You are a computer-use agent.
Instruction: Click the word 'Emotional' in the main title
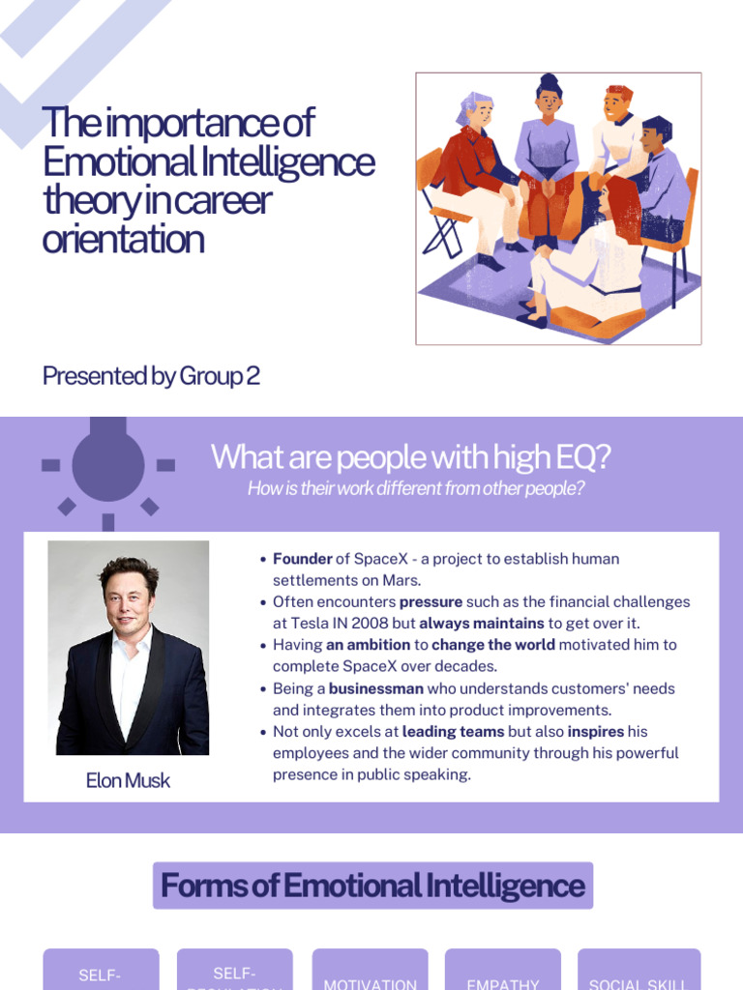[x=101, y=161]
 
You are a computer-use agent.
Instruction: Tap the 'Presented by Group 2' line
[x=151, y=376]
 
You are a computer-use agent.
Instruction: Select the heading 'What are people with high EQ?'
[x=411, y=457]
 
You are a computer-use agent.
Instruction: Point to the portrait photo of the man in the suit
[x=129, y=648]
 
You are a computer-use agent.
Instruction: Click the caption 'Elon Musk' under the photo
[x=128, y=781]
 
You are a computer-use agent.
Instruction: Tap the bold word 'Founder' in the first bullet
[x=302, y=559]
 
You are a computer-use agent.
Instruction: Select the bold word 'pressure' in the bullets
[x=431, y=601]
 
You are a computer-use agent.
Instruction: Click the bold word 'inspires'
[x=595, y=732]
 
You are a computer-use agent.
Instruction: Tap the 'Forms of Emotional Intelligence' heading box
[x=372, y=886]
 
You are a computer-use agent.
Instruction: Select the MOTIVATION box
[x=371, y=972]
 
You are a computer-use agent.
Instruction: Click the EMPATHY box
[x=503, y=972]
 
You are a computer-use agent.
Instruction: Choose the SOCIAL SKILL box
[x=639, y=972]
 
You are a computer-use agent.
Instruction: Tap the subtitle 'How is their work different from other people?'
[x=416, y=488]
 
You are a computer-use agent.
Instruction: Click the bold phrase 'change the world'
[x=492, y=645]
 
